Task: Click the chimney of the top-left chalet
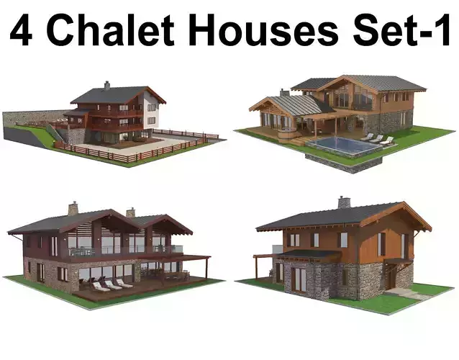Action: [107, 84]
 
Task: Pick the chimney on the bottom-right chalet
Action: [344, 202]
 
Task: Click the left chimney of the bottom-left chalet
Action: [73, 208]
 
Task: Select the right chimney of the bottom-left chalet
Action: [130, 212]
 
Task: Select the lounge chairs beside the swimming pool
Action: [376, 138]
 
